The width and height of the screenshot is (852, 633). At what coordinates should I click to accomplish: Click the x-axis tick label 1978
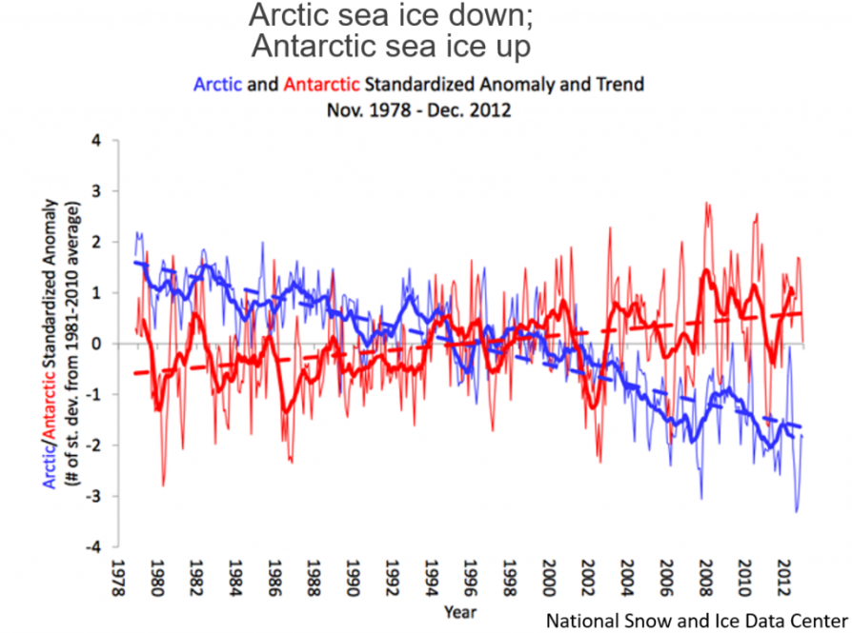pos(115,579)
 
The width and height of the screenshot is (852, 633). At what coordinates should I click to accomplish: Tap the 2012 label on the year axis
pos(782,579)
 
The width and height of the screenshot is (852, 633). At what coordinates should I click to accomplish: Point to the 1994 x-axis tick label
pos(430,579)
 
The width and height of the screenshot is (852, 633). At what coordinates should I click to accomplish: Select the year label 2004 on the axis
pos(625,579)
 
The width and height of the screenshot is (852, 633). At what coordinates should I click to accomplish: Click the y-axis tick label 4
pos(94,140)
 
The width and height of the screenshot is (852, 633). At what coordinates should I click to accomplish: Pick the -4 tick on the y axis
pos(91,547)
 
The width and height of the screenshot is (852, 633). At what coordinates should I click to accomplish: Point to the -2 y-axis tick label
pos(91,445)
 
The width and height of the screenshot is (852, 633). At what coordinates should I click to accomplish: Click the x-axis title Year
pos(459,610)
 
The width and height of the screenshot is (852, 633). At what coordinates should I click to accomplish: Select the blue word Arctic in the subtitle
pos(217,84)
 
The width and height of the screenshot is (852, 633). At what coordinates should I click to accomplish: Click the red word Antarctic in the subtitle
pos(321,84)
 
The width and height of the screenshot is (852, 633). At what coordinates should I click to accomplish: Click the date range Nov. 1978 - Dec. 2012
pos(418,109)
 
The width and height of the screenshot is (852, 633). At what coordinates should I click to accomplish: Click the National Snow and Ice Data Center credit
pos(696,621)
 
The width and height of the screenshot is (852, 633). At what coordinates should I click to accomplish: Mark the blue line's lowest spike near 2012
pos(797,512)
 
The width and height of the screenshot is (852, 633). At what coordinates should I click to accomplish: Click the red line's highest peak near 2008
pos(706,203)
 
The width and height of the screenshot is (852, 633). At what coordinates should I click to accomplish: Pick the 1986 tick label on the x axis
pos(273,579)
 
